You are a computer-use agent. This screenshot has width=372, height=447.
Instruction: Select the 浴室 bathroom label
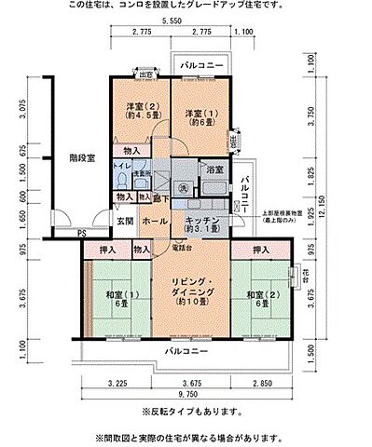214,169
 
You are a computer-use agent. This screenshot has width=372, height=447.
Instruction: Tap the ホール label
155,221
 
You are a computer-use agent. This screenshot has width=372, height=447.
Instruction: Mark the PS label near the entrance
82,233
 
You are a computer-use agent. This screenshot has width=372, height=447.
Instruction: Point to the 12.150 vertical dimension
324,200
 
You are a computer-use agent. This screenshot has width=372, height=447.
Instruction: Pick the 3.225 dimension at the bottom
117,383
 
